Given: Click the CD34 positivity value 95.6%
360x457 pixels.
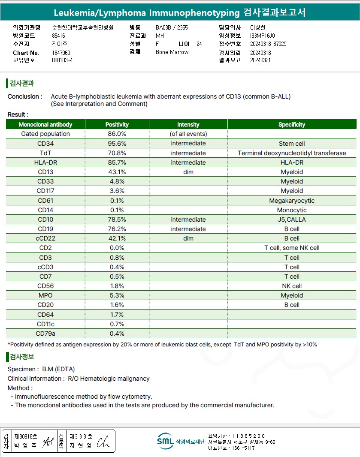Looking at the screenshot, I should point(117,144).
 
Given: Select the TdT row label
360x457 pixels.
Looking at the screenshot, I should point(45,153).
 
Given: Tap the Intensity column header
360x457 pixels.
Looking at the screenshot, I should point(188,125).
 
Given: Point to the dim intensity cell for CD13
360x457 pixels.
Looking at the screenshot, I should point(188,172).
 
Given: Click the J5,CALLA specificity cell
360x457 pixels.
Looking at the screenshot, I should point(292,219).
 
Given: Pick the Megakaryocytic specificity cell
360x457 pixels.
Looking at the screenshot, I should point(292,201).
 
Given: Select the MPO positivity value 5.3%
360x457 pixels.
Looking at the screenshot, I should point(117,295).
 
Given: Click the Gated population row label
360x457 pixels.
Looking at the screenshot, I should point(45,134).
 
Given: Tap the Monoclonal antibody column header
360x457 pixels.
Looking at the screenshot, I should point(45,125).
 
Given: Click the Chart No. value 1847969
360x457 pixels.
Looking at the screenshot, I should point(61,53).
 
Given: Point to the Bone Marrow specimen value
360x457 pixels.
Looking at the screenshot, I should point(172,52).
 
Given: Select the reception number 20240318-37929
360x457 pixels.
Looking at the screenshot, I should point(268,44).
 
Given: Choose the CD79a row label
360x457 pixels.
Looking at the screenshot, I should point(45,334).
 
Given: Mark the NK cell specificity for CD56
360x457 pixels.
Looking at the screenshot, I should point(292,286).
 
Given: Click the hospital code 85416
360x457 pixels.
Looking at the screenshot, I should point(58,36).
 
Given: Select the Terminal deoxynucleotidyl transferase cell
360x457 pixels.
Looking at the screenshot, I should point(292,153).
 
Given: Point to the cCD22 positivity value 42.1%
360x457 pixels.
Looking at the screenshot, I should point(117,238).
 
